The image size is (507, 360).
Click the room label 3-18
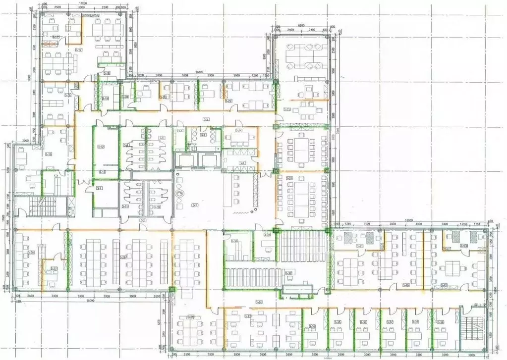point(107,73)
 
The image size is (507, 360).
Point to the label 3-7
point(100,188)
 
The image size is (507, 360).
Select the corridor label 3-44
point(258,302)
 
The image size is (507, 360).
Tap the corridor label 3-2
point(142,220)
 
